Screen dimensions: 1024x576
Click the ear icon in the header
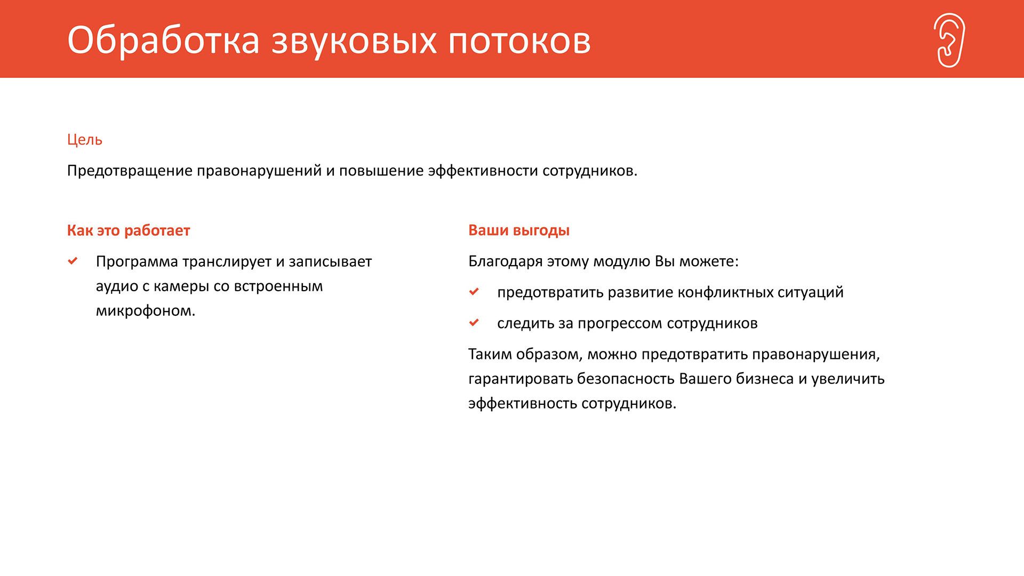tap(950, 40)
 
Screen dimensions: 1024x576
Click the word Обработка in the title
tap(163, 40)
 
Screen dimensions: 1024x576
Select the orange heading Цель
tap(85, 140)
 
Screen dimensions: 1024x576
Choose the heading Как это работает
tap(129, 230)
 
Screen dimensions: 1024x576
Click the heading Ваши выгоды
tap(519, 230)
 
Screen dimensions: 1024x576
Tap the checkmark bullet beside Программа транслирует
tap(73, 261)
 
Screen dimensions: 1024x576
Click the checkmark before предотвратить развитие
tap(474, 292)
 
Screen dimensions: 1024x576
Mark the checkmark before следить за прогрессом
tap(474, 323)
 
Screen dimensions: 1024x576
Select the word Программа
tap(137, 262)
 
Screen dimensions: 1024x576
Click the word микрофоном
tap(146, 311)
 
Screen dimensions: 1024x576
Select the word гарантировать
tap(521, 379)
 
